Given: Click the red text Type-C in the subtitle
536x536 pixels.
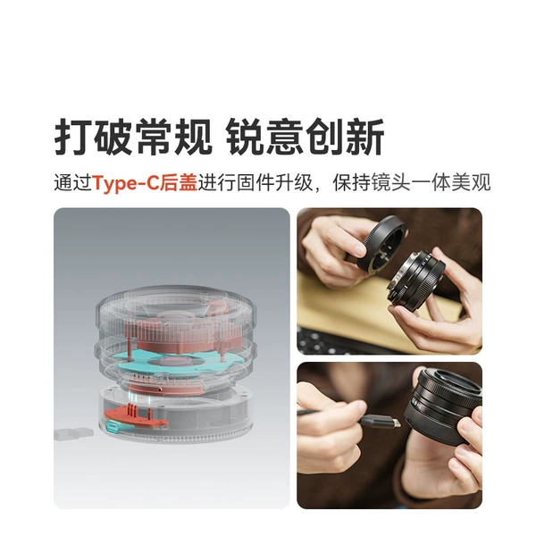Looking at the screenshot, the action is coord(126,183).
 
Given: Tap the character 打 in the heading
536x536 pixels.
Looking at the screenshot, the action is coord(73,137).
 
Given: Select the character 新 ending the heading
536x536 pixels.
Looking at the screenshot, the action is coord(365,137).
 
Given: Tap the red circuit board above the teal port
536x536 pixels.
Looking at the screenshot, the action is coord(137,416).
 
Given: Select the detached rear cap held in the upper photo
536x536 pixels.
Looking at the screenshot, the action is coord(381,243).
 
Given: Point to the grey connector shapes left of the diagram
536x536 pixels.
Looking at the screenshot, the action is coord(73,433).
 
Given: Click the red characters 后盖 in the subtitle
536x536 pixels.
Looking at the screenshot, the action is coord(179,183).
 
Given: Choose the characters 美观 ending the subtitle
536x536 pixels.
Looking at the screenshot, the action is coord(471,183).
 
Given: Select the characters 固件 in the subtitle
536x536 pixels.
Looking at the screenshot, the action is coord(255,183).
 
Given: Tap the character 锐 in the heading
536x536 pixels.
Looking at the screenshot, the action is coord(246,137).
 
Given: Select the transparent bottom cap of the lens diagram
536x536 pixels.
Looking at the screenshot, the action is coord(173,415).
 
